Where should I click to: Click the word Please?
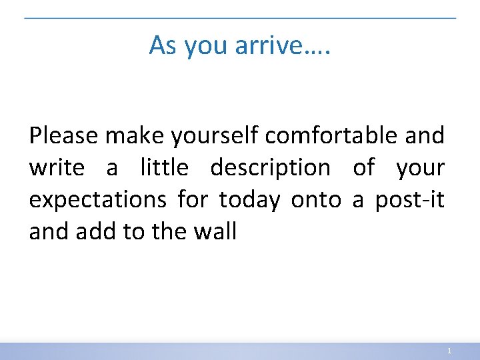(x=64, y=136)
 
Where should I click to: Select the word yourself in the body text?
(x=216, y=136)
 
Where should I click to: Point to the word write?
(x=57, y=168)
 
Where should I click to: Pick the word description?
(x=270, y=168)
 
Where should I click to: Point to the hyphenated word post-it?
(x=409, y=200)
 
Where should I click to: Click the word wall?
(x=217, y=232)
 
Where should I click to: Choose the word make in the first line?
(x=135, y=136)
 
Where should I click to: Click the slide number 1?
(x=450, y=351)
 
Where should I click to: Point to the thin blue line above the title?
(x=240, y=18)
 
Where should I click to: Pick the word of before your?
(x=363, y=168)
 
